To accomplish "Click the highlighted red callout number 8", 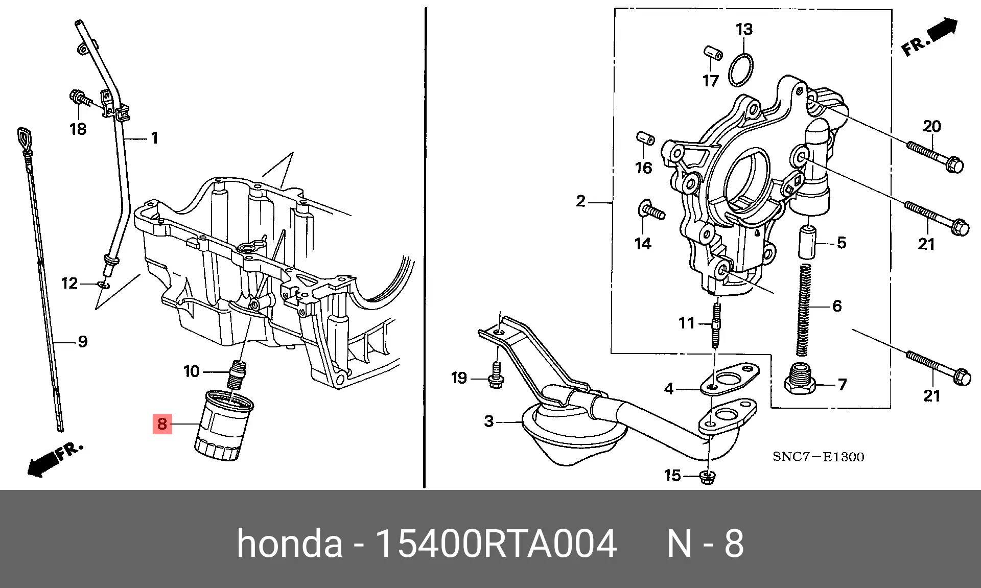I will [x=162, y=424].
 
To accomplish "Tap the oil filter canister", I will [x=224, y=427].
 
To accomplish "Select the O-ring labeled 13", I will [x=740, y=70].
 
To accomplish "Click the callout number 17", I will [x=711, y=81].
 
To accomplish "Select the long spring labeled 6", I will [x=804, y=309].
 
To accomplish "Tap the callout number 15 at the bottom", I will [x=672, y=476].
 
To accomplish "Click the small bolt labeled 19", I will [x=496, y=376].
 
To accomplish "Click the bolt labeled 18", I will [x=80, y=98].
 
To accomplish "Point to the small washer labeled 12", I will [x=104, y=284].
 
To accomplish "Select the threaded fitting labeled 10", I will [x=237, y=374].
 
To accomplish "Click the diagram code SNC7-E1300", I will [x=818, y=457].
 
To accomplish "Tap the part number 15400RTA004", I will [x=496, y=544].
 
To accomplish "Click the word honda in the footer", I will [x=289, y=544].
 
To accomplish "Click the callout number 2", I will [x=580, y=201].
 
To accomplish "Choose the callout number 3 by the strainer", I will [x=489, y=421].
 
